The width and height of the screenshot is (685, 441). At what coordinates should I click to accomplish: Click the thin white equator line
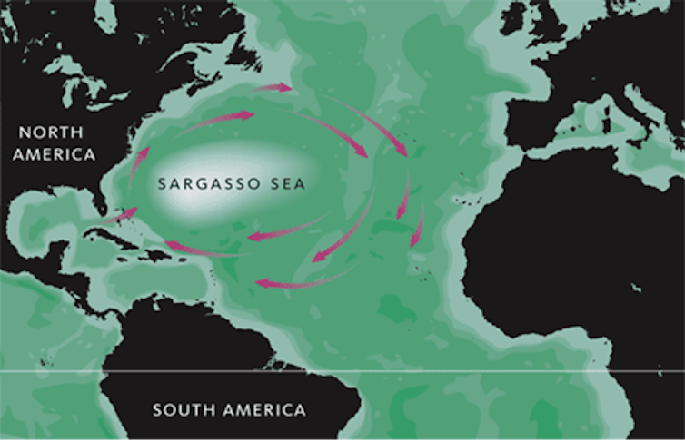[363, 371]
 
